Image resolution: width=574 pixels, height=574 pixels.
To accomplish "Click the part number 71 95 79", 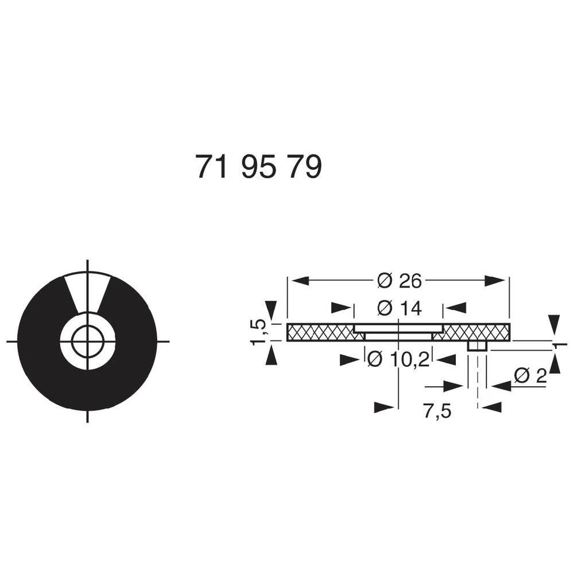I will (x=258, y=167).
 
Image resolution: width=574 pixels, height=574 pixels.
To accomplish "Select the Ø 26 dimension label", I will (x=400, y=281).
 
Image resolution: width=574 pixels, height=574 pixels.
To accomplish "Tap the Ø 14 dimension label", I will (x=400, y=308).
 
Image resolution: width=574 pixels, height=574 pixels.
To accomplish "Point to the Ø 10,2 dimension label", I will (x=397, y=360).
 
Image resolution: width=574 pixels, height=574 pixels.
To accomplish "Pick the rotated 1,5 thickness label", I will (x=259, y=332).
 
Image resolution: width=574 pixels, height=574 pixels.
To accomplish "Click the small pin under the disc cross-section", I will (x=477, y=346).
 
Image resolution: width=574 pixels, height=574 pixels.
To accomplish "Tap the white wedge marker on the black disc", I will (x=87, y=293).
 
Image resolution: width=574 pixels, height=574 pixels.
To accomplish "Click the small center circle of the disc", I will (x=87, y=342).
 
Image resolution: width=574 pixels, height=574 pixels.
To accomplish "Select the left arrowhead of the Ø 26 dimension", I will (x=301, y=281).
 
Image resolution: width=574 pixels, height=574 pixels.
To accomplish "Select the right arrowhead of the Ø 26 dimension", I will (x=495, y=281).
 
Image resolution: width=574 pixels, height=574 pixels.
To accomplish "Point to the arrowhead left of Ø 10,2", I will (x=350, y=360).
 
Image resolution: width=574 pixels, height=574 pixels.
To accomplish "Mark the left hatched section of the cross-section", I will (x=319, y=332).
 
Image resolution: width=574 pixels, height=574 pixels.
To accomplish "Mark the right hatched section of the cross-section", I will (x=476, y=332).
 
